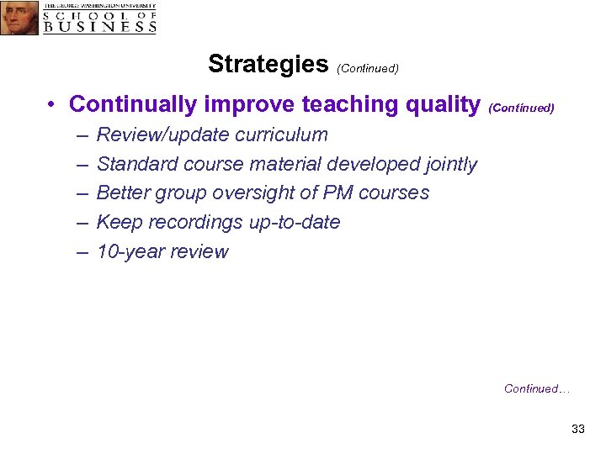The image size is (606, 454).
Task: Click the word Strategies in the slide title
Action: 268,64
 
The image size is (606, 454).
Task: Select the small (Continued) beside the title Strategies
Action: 367,68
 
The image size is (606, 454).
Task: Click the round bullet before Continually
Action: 52,105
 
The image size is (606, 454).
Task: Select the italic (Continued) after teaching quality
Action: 521,108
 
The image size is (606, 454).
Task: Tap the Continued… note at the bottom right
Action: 537,388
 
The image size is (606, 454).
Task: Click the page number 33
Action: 577,430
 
